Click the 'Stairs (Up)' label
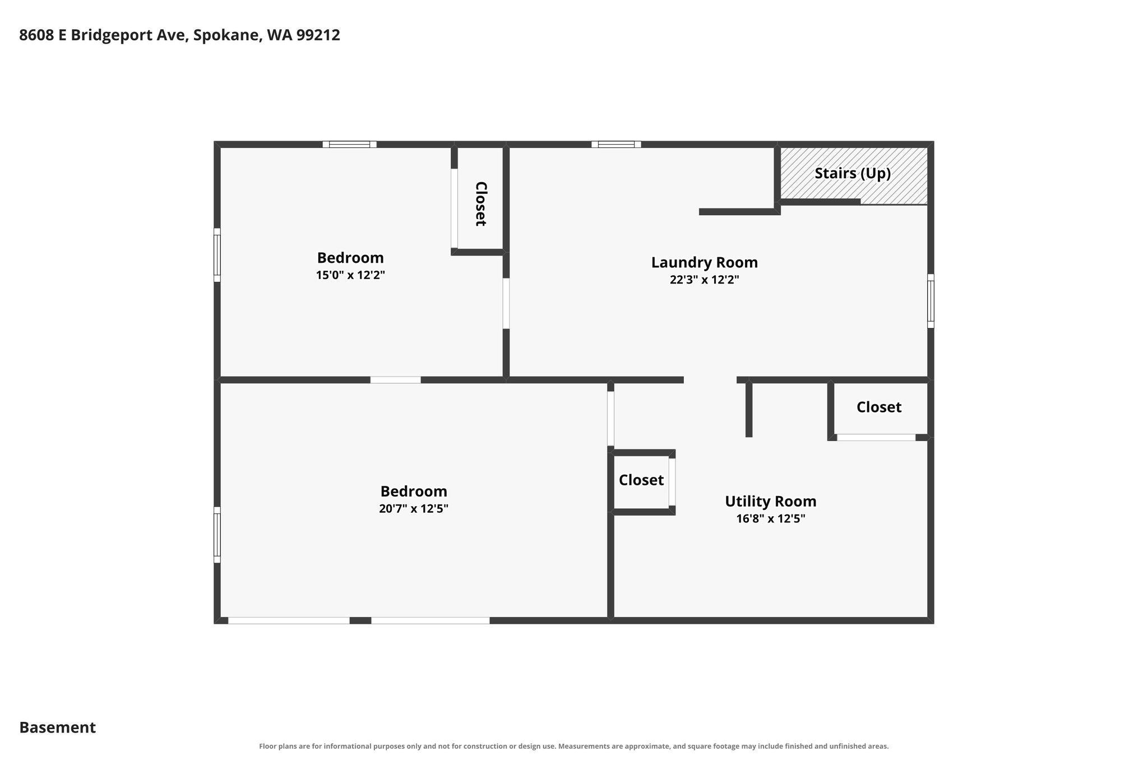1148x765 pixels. coord(852,174)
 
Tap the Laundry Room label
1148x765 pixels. coord(704,262)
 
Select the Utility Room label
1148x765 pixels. coord(770,501)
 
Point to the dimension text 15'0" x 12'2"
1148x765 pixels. coord(350,275)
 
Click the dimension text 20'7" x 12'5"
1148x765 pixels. coord(414,509)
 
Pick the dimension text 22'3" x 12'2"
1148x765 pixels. coord(704,280)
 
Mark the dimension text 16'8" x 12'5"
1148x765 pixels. coord(770,518)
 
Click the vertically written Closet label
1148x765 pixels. coord(480,204)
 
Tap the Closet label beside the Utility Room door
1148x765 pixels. coord(641,480)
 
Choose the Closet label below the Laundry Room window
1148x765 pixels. coord(879,407)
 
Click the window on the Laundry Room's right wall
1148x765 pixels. coord(931,301)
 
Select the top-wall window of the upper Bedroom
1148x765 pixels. coord(349,144)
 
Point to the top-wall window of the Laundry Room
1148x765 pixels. coord(616,144)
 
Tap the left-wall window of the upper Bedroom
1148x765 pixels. coord(217,255)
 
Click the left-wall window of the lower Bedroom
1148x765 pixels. coord(217,535)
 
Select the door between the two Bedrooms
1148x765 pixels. coord(395,380)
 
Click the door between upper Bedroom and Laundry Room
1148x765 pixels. coord(506,303)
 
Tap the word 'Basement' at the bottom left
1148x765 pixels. coord(58,727)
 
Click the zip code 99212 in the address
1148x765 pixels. coord(318,35)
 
